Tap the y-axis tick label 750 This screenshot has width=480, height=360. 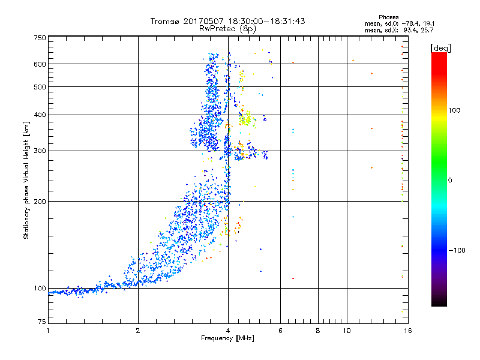point(40,38)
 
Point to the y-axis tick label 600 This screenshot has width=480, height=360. point(40,64)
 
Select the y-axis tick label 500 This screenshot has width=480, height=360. point(40,87)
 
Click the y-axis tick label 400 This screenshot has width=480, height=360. point(40,115)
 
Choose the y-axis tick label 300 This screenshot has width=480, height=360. point(40,151)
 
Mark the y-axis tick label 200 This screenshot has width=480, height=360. point(40,201)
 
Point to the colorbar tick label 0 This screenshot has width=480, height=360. point(450,180)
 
